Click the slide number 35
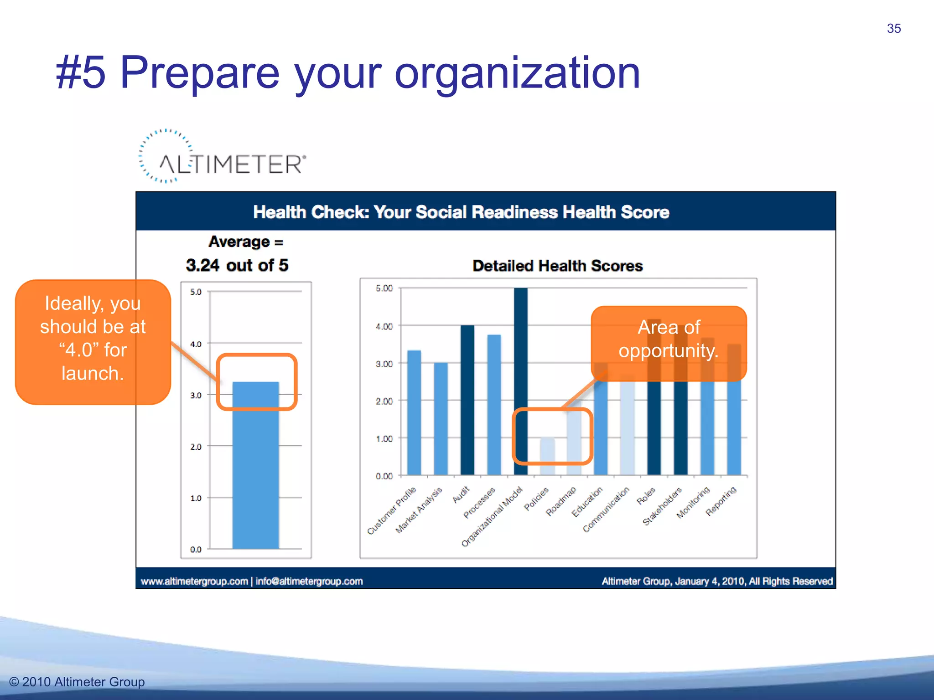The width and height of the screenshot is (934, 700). [x=893, y=29]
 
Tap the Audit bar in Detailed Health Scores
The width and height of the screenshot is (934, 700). [x=467, y=400]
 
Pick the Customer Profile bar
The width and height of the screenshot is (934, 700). [x=414, y=412]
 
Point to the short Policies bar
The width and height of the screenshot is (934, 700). [x=547, y=456]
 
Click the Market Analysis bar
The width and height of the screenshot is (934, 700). [x=441, y=418]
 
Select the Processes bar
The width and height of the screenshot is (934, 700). [x=494, y=405]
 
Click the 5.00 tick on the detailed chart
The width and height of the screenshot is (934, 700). [x=384, y=288]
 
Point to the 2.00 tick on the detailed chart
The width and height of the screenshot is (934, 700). [x=384, y=401]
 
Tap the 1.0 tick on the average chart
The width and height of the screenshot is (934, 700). [x=196, y=498]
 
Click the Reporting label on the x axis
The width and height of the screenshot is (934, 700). [x=721, y=501]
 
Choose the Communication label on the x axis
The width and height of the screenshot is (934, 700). [x=606, y=509]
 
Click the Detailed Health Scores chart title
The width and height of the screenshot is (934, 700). [x=557, y=266]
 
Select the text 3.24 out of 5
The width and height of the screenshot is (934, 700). [x=237, y=265]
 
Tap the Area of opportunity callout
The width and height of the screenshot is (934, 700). [x=669, y=340]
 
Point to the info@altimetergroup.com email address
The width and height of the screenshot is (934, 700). [x=309, y=582]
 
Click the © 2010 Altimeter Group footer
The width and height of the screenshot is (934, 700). [x=77, y=682]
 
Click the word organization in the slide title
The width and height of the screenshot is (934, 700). [x=517, y=73]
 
